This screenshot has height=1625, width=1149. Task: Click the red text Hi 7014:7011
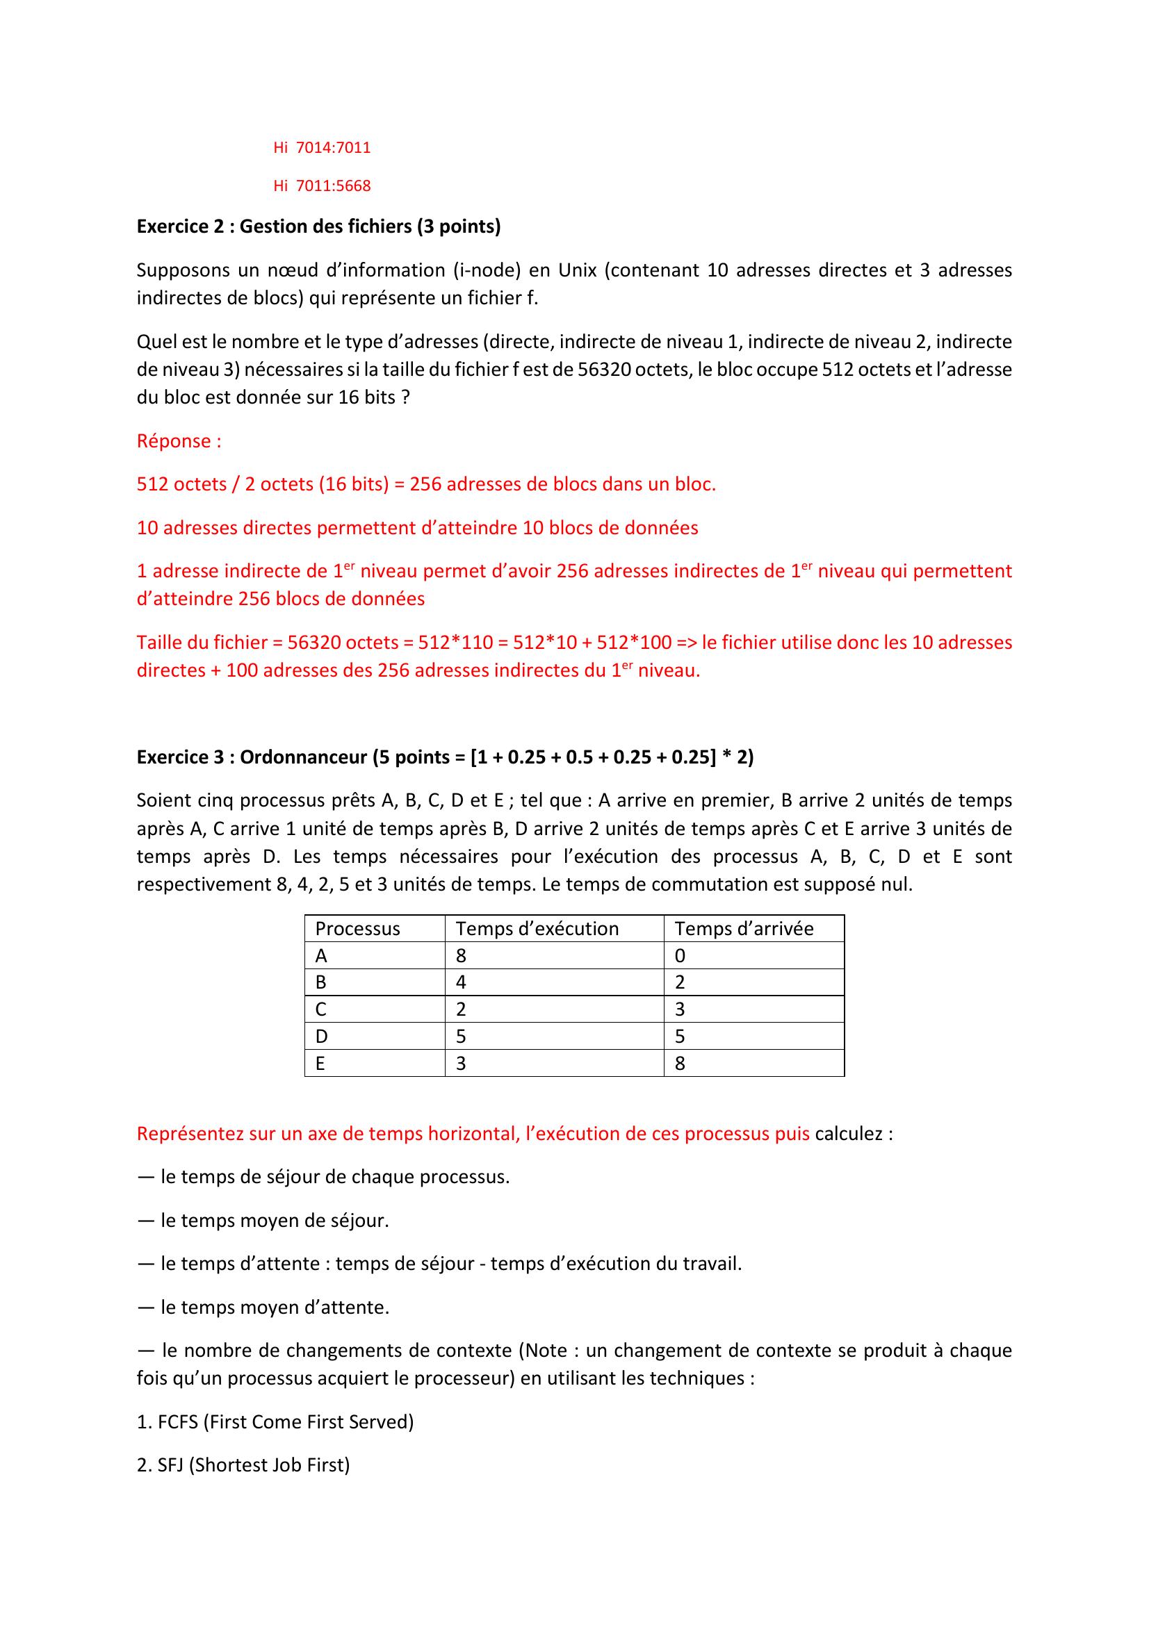321,148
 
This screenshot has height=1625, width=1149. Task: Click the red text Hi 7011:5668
321,186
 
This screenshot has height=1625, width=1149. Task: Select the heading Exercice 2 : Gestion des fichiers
318,226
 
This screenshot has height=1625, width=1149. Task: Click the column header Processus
357,929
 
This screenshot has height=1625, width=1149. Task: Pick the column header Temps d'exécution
537,929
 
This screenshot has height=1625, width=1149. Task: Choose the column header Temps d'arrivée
743,929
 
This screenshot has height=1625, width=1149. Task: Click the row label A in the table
321,956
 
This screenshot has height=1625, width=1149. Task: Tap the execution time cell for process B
462,982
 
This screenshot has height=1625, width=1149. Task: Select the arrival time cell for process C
680,1009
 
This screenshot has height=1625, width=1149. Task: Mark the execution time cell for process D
462,1036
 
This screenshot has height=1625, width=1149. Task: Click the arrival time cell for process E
680,1063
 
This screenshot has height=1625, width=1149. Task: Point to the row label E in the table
320,1063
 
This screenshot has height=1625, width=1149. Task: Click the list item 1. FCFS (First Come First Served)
275,1422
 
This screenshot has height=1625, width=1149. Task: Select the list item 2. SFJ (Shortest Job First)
243,1465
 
